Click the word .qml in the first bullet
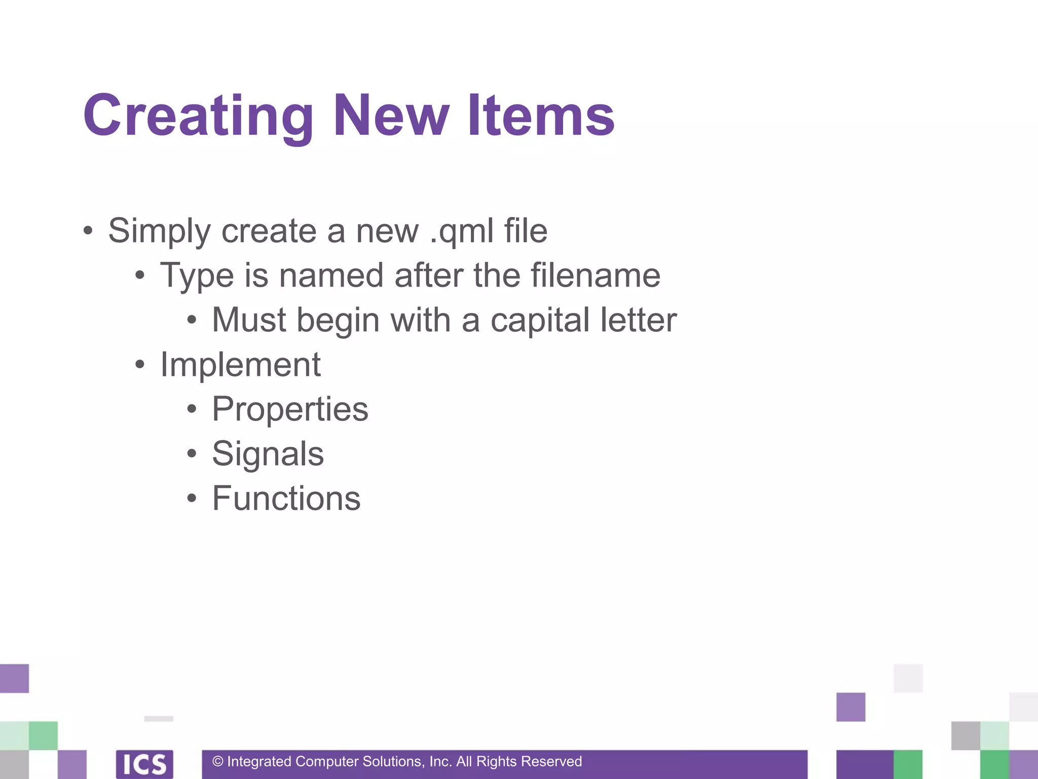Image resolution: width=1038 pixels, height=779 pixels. point(462,231)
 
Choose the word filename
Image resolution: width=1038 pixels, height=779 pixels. point(596,275)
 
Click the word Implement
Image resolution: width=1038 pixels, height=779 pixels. point(240,365)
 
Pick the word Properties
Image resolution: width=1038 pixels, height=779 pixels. point(290,410)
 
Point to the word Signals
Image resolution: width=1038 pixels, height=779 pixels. point(268,454)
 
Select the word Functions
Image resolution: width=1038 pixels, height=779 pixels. point(286,498)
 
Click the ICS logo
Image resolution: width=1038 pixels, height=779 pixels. point(144,764)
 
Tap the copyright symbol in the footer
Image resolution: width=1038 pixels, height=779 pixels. point(218,761)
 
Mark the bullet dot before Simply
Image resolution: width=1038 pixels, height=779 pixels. point(88,231)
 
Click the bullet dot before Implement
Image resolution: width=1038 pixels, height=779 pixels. point(140,365)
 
